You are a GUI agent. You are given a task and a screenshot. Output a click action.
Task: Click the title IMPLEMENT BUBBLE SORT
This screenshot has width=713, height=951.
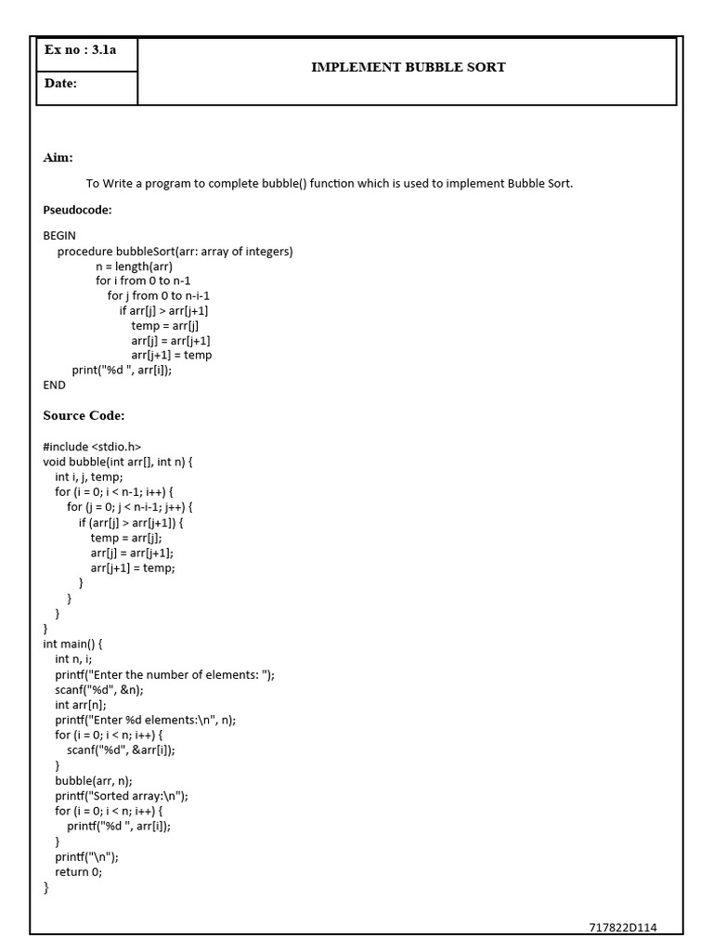(x=408, y=68)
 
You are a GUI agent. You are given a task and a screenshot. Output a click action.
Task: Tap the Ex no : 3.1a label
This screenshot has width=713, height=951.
(x=81, y=51)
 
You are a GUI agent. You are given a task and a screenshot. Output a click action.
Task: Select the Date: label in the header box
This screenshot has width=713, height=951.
(x=60, y=84)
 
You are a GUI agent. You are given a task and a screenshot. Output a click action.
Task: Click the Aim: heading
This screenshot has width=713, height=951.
(x=58, y=158)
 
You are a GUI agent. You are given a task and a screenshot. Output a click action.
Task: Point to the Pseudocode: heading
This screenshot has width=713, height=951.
(x=77, y=210)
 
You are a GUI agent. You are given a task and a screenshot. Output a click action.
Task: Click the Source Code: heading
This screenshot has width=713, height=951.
(x=84, y=415)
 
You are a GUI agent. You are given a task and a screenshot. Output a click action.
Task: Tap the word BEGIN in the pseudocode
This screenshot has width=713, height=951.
(x=59, y=236)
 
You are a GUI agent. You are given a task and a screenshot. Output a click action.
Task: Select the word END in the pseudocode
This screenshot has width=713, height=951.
(x=55, y=384)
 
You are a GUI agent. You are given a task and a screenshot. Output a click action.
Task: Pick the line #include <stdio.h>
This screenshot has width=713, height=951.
(x=92, y=447)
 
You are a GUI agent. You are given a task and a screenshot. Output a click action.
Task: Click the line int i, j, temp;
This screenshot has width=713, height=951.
(x=88, y=476)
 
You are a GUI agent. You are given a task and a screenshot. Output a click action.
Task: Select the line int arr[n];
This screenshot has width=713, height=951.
(x=81, y=704)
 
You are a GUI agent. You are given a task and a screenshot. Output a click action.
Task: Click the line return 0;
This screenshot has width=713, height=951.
(x=79, y=872)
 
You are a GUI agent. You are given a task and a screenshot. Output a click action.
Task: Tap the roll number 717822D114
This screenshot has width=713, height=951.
(x=623, y=928)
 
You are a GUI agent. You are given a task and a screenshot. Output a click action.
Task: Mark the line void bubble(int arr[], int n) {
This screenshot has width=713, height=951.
(x=117, y=462)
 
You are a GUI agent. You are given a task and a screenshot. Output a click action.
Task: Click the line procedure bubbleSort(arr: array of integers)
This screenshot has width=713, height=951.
(x=175, y=251)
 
